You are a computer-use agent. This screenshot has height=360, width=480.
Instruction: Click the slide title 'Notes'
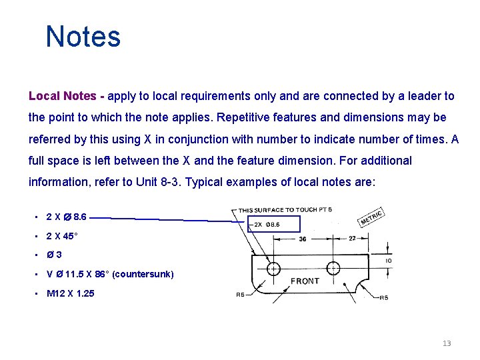(83, 37)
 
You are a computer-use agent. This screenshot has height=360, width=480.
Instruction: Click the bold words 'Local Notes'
(63, 96)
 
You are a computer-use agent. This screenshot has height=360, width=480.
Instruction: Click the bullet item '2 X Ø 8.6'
(66, 217)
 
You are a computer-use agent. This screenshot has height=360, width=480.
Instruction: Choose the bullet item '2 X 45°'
(63, 236)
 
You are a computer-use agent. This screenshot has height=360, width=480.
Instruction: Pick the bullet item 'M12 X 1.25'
(70, 293)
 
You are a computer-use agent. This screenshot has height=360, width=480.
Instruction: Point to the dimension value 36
(303, 239)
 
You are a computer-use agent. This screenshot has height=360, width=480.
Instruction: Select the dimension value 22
(352, 239)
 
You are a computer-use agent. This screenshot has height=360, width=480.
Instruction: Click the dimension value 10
(389, 261)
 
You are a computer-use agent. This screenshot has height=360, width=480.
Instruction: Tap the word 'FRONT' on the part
(305, 281)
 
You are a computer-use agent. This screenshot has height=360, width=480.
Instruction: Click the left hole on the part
(273, 269)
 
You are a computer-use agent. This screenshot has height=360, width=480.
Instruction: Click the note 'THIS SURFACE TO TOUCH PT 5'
(285, 210)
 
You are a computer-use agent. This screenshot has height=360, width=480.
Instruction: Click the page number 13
(447, 343)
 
